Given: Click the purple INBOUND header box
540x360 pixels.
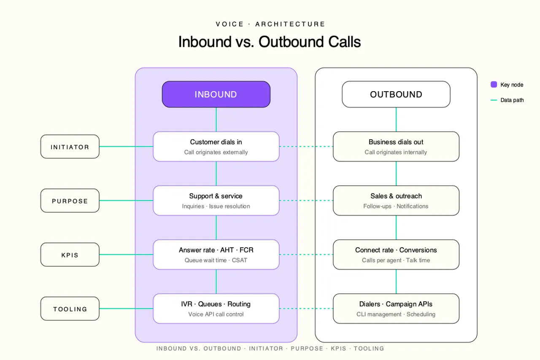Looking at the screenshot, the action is point(216,94).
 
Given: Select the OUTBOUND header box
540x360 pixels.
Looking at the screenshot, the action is point(396,94).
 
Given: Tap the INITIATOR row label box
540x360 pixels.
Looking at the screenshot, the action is point(70,146).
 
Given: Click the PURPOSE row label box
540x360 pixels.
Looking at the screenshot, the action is point(70,200).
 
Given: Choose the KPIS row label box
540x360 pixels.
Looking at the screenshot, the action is point(70,254).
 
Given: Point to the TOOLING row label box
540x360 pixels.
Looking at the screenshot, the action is point(70,309).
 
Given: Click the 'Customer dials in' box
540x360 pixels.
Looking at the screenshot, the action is point(216,146).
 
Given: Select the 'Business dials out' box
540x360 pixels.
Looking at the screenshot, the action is point(396,146).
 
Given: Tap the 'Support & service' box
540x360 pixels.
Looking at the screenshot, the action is point(216,200).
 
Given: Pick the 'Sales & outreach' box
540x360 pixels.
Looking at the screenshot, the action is point(396,200).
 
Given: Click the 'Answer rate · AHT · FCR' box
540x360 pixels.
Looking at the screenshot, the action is point(216,254).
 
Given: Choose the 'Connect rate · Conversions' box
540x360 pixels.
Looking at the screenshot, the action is point(396,254).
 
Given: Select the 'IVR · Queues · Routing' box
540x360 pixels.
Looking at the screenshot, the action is point(216,309).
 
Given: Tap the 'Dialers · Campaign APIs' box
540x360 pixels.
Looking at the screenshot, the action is point(396,309).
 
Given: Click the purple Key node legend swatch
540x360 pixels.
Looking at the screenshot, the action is point(494,84).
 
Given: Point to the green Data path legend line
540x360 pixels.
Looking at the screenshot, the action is point(494,100).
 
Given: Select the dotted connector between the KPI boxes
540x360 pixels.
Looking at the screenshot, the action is point(306,254).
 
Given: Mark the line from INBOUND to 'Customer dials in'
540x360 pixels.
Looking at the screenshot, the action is point(216,119).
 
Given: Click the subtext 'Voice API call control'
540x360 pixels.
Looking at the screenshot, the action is point(216,314).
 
